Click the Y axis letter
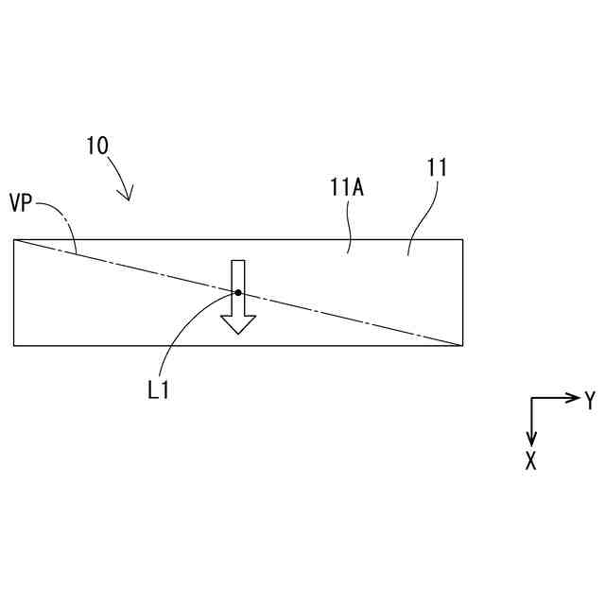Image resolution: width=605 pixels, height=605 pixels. (590, 401)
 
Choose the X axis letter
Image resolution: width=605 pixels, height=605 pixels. (531, 461)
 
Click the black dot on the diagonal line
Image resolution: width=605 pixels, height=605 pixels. (238, 293)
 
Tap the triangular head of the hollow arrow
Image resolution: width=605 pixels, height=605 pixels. (238, 323)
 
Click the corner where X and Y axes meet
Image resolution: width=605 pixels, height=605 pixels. (532, 398)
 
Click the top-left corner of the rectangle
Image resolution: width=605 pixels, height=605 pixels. (14, 239)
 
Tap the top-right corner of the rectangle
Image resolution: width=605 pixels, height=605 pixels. (462, 239)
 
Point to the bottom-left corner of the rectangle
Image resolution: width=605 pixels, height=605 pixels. (14, 345)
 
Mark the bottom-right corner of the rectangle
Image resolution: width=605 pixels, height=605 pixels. (462, 345)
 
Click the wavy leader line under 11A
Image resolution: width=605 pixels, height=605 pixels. (351, 227)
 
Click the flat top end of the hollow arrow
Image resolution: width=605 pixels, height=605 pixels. (238, 261)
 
